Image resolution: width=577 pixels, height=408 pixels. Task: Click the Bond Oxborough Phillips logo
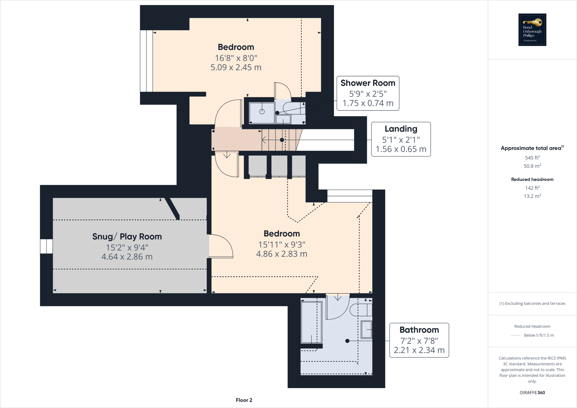532,30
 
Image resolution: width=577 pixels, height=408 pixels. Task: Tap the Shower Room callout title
368,83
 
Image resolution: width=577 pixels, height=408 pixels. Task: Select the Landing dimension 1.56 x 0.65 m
401,149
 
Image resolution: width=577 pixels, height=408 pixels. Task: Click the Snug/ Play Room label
127,236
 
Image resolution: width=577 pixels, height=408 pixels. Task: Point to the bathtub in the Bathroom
311,322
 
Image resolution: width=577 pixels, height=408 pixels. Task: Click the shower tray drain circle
262,112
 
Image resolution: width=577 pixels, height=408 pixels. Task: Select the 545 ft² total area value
532,158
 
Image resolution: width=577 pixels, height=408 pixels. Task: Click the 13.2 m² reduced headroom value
532,196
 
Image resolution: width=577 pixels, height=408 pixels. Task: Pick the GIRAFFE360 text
532,393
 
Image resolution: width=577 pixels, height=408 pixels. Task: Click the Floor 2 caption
244,400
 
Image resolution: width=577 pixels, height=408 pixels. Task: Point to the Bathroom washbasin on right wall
366,329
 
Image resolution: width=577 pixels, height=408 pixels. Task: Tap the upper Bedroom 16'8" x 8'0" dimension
236,58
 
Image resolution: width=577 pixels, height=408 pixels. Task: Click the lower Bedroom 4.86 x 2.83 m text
281,254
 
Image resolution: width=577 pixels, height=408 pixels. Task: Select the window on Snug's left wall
46,246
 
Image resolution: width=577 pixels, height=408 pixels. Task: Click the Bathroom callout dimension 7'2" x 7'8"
419,341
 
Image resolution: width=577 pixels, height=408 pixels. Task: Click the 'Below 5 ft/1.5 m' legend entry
538,335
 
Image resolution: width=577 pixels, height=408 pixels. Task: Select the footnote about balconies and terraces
532,303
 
